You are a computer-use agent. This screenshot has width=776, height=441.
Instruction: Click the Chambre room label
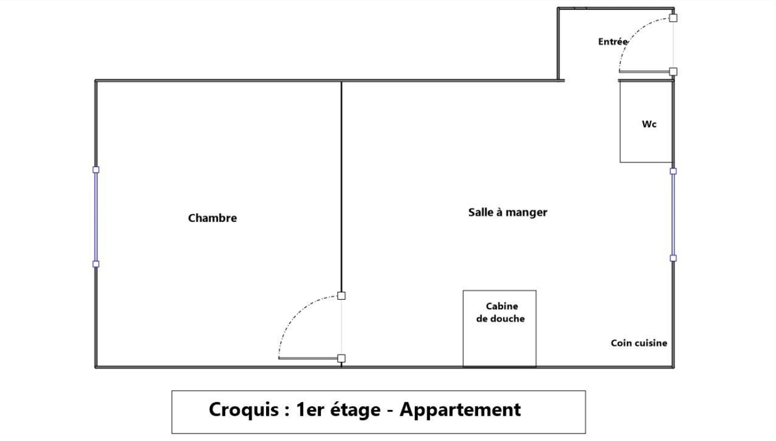(212, 218)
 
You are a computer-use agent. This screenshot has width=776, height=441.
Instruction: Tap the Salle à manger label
(508, 212)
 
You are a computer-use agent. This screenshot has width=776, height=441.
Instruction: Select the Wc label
(649, 124)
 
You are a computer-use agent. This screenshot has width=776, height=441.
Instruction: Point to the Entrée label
(613, 42)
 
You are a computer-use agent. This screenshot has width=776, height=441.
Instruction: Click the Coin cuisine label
(639, 343)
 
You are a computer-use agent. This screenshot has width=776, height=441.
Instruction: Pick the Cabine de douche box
(500, 328)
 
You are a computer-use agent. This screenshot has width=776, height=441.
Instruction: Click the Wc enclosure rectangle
(646, 122)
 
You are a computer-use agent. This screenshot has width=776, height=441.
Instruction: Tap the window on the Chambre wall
(96, 217)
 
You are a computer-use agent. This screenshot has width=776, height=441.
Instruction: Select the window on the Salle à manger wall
(673, 214)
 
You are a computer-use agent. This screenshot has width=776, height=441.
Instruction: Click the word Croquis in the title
(244, 409)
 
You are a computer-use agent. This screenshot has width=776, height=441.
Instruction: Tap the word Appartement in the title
(460, 410)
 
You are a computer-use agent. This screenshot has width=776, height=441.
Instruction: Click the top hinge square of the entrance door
(673, 18)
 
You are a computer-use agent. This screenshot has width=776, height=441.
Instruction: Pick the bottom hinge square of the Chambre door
(342, 358)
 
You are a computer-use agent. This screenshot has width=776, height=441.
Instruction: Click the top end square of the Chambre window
(96, 170)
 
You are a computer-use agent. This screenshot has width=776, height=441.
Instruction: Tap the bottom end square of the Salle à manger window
(673, 258)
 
